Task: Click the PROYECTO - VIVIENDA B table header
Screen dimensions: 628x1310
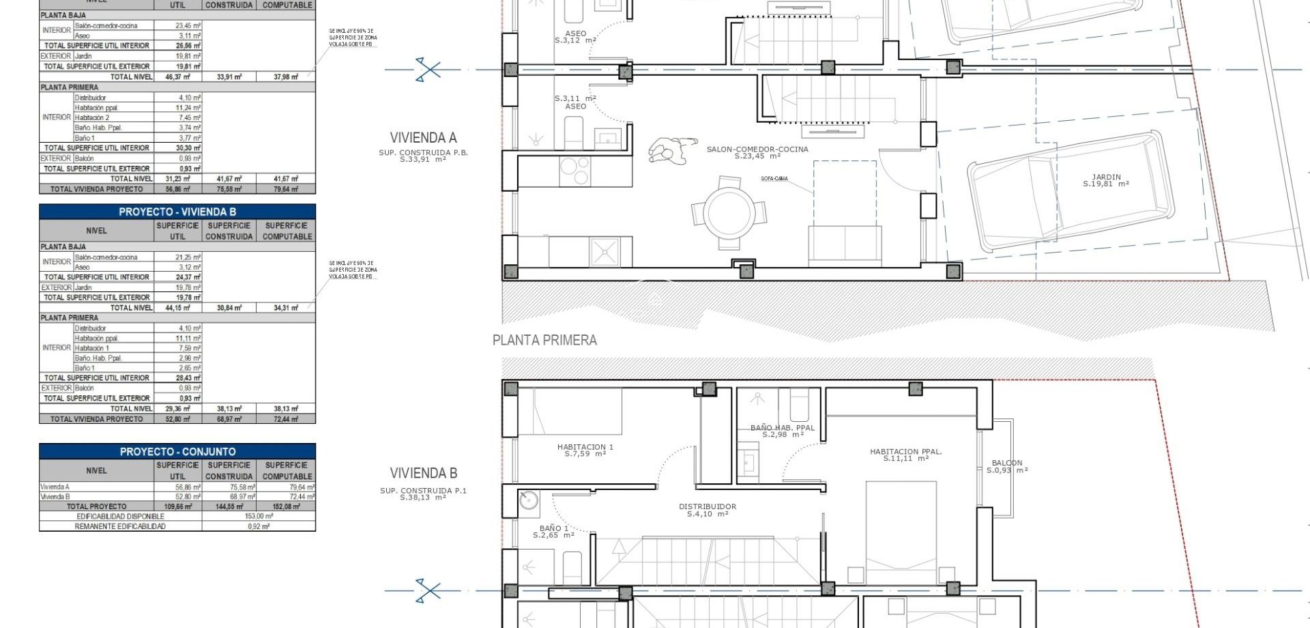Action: point(177,212)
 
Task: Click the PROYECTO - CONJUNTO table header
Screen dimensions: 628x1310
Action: point(177,451)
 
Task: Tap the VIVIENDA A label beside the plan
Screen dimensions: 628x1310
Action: point(423,138)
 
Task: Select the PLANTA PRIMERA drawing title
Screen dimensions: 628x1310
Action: point(544,340)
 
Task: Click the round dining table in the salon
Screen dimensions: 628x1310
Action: point(729,213)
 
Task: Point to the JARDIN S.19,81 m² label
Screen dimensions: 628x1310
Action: point(1106,180)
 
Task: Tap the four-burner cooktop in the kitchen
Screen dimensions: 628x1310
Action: point(575,171)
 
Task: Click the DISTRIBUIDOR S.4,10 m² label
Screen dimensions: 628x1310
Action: point(708,510)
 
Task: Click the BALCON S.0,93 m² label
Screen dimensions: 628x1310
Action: point(1007,466)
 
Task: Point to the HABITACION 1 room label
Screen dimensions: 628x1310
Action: point(585,450)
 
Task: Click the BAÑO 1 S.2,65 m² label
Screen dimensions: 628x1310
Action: point(553,531)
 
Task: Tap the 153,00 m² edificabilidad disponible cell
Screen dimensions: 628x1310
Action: point(259,516)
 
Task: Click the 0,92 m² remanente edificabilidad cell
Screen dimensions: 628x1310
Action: point(259,526)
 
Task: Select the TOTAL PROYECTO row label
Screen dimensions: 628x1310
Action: point(96,506)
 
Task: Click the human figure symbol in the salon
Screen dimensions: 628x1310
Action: point(669,151)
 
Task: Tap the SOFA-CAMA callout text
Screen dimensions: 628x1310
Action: point(774,179)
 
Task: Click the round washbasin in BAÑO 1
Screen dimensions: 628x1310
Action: point(528,501)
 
